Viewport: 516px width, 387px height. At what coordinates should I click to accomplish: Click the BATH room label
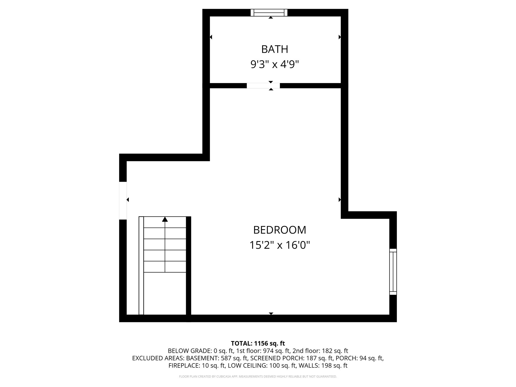(x=275, y=49)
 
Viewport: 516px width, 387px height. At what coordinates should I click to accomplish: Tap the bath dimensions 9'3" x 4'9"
(x=275, y=64)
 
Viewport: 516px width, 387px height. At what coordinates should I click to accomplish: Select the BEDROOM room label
(x=279, y=230)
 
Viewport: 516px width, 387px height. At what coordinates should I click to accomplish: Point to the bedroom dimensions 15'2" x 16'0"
(x=279, y=245)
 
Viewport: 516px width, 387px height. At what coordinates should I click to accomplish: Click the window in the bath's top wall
(x=269, y=13)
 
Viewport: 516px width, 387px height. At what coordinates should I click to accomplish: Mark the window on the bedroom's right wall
(x=393, y=272)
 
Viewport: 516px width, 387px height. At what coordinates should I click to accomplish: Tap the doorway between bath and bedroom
(x=263, y=86)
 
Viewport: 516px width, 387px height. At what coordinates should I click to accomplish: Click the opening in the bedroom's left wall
(x=123, y=201)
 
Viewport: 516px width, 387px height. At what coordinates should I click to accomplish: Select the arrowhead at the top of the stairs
(x=165, y=219)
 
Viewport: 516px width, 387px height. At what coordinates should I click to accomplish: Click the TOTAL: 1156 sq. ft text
(x=258, y=343)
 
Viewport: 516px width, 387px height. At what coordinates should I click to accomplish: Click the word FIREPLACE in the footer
(x=184, y=366)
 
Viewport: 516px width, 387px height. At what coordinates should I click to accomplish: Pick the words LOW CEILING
(x=246, y=366)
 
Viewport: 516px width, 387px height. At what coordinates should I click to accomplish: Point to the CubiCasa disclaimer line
(x=258, y=377)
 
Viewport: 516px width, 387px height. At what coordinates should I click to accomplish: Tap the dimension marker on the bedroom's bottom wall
(x=271, y=313)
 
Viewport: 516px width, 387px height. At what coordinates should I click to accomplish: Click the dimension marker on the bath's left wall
(x=211, y=37)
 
